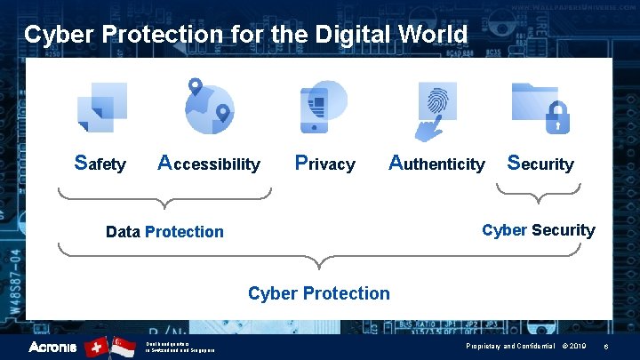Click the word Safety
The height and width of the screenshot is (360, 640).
click(x=100, y=164)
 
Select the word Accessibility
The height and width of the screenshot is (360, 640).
click(x=209, y=164)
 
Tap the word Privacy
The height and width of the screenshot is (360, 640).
click(x=324, y=164)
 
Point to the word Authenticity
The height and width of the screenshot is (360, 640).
click(x=437, y=164)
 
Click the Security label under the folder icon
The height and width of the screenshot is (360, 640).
click(x=540, y=164)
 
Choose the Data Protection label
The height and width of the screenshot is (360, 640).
click(x=164, y=232)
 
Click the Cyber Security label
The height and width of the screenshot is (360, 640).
click(x=538, y=230)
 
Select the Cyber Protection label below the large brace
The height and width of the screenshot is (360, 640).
click(x=318, y=293)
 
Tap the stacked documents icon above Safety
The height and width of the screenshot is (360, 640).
click(x=101, y=107)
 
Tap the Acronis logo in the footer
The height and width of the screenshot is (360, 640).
click(x=52, y=346)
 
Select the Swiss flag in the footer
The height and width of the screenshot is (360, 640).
click(x=96, y=346)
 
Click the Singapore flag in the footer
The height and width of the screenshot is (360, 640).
click(x=124, y=346)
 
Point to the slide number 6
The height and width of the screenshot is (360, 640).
click(x=605, y=346)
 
